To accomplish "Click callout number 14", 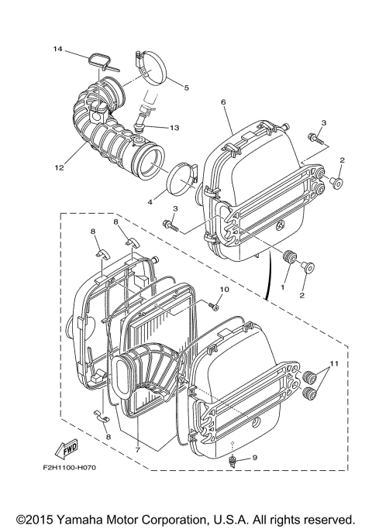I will point(57,49).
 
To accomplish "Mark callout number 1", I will point(283,287).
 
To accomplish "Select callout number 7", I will point(137,448).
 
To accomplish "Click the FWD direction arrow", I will point(67,448).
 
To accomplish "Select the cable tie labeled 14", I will point(99,58).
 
